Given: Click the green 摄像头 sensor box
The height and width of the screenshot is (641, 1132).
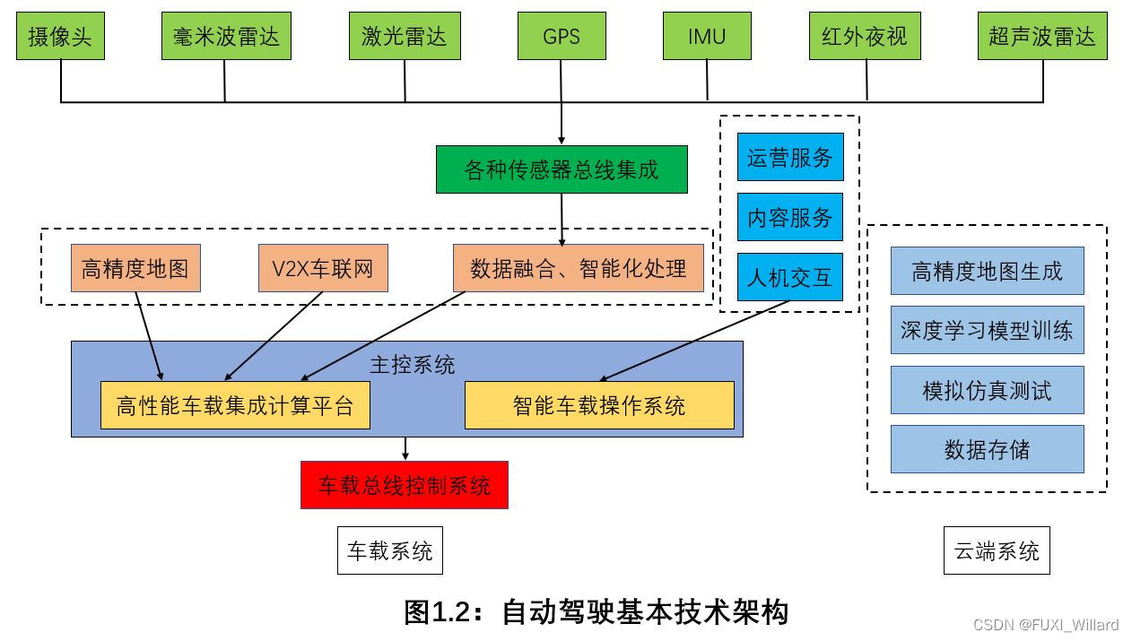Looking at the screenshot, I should [61, 37].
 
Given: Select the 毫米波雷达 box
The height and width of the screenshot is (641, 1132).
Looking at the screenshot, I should [226, 37].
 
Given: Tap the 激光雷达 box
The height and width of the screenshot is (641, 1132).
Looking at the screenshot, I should [405, 37].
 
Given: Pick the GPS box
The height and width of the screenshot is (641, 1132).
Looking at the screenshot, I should [562, 37].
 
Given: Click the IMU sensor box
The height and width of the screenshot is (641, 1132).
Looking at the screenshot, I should [707, 37].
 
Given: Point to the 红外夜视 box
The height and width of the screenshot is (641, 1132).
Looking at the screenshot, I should [865, 37].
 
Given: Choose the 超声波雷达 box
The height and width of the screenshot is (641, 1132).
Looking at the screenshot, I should [1042, 37].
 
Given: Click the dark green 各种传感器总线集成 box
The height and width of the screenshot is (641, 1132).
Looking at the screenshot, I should [562, 169].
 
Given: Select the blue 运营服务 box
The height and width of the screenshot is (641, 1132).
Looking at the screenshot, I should [790, 158].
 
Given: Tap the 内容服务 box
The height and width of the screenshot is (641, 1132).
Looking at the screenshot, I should [790, 217].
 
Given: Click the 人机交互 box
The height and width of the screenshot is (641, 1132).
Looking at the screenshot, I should [790, 277].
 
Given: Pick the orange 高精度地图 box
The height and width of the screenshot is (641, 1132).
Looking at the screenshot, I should [135, 268].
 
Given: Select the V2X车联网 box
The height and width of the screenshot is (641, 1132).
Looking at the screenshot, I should [323, 268].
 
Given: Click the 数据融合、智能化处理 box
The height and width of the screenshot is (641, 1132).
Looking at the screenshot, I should [579, 268].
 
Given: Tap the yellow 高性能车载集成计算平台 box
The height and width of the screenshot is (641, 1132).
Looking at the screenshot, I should [235, 405].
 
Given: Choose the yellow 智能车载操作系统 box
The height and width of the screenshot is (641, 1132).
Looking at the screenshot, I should [599, 405].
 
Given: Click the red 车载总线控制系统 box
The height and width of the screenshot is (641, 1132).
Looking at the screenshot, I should [405, 485].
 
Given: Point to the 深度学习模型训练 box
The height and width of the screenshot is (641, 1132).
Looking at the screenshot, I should [987, 330].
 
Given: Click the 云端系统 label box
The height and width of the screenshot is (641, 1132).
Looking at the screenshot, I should [997, 550].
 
